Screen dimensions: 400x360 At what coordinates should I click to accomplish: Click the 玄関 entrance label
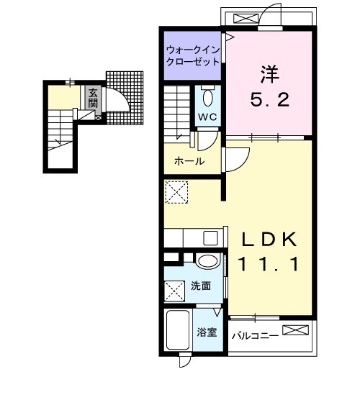pos(92,97)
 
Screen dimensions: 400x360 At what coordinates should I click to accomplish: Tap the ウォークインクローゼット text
pos(192,56)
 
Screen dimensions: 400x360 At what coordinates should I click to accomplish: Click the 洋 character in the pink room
pos(270,73)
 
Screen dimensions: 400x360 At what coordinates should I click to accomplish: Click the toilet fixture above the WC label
pos(208,96)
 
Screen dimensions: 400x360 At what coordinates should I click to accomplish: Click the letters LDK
pos(271,240)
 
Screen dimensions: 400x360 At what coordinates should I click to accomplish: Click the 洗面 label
pos(201,286)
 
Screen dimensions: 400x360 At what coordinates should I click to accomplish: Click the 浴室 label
pos(207,332)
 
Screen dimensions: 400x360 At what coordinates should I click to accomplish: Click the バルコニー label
pos(254,335)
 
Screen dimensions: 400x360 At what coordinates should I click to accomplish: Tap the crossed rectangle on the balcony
pos(296,331)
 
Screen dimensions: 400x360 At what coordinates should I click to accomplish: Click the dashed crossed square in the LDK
pos(176,193)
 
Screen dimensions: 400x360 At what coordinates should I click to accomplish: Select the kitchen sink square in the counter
pos(212,238)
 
